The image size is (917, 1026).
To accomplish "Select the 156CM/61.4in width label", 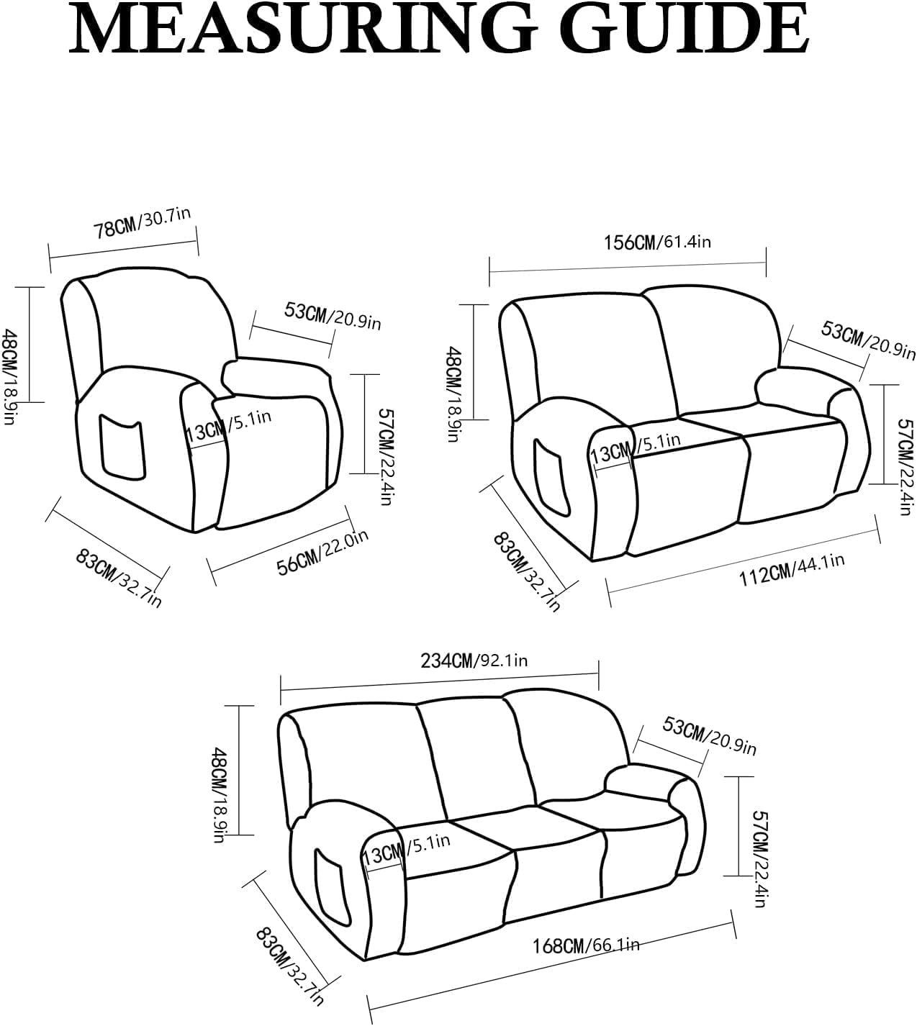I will (x=657, y=242).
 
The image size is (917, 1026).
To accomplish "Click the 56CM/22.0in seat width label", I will (x=323, y=552).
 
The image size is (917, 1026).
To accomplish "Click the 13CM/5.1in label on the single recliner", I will (x=228, y=427).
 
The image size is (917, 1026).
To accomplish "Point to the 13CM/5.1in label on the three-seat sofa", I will (x=407, y=850).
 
